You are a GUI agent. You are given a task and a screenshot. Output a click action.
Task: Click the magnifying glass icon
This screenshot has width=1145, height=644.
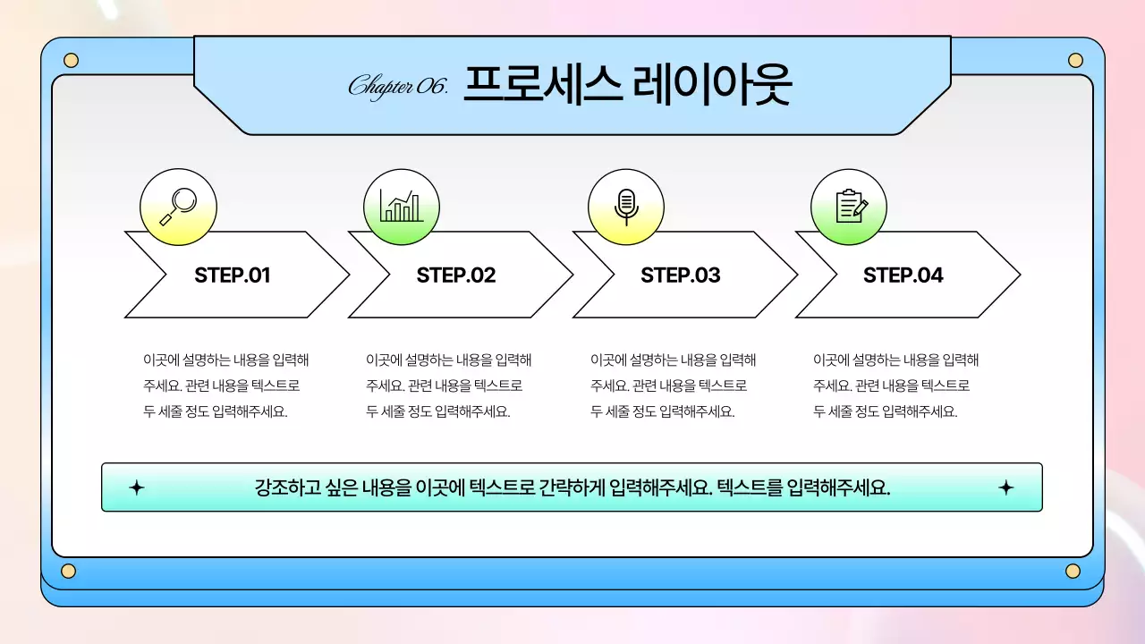click(x=179, y=207)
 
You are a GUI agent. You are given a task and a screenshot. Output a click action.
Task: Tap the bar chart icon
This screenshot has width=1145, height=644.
click(x=401, y=207)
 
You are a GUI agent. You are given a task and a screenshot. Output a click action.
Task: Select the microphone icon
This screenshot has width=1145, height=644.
click(x=626, y=207)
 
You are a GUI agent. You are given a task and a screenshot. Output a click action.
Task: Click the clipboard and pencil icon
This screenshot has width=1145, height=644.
click(x=849, y=207)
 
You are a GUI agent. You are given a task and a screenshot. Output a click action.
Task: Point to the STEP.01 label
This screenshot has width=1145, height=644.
click(x=232, y=275)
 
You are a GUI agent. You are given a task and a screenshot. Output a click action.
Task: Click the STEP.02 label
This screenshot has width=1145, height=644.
click(x=455, y=275)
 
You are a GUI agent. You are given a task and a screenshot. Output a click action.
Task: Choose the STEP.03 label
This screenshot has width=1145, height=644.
click(x=680, y=275)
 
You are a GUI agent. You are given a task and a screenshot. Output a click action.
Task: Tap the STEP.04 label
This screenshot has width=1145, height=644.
click(x=903, y=275)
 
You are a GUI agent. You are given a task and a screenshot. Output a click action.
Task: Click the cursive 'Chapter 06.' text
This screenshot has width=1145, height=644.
click(x=397, y=87)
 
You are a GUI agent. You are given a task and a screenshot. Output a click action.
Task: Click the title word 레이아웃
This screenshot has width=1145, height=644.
click(x=712, y=86)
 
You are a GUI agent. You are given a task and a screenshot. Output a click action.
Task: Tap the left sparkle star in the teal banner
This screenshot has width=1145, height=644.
click(x=136, y=487)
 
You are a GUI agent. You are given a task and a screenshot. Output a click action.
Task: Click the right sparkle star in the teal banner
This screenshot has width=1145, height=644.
click(x=1005, y=487)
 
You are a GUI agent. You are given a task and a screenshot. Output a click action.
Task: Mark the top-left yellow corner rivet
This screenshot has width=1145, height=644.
click(x=72, y=61)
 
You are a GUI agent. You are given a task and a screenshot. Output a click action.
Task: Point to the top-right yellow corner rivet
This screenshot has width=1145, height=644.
click(x=1075, y=61)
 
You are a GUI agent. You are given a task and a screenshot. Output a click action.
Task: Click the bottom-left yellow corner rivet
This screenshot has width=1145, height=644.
click(x=69, y=572)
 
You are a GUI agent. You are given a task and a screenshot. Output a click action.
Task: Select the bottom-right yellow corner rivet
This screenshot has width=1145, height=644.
click(x=1073, y=572)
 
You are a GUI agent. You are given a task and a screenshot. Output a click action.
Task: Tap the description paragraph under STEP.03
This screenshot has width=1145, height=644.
click(x=673, y=386)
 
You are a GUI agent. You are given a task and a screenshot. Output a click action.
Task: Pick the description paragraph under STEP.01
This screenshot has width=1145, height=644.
click(x=225, y=386)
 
